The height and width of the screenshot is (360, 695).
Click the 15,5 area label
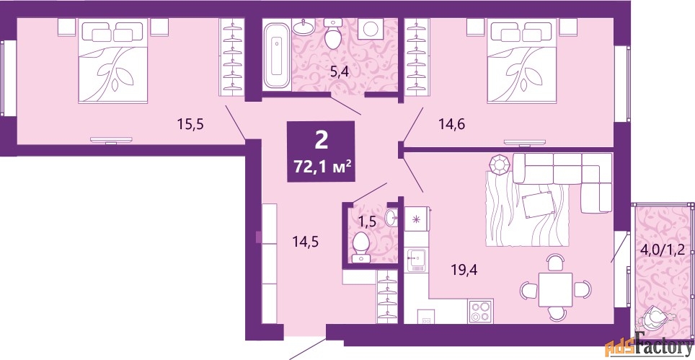click(190, 125)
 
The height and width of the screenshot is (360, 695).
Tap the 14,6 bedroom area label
click(451, 125)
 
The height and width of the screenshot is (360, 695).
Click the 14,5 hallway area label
click(306, 242)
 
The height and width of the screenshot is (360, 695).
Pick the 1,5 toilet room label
click(367, 221)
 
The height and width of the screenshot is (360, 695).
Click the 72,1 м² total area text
click(323, 167)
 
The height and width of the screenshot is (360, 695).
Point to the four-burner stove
click(481, 311)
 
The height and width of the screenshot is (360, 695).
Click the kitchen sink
click(416, 260)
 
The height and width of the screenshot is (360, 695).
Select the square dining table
click(555, 289)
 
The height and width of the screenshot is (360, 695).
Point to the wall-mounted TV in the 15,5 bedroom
click(111, 140)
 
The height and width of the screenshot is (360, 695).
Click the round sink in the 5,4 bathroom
click(304, 28)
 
